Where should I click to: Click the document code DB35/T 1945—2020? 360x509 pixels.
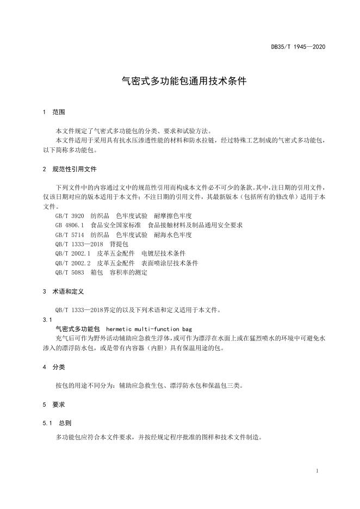coord(298,47)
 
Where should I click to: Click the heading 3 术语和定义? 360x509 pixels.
coord(63,291)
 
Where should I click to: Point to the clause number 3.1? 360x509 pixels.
coord(47,320)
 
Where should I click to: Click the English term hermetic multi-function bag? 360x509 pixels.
coord(149,329)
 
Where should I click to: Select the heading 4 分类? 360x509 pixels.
coord(53,367)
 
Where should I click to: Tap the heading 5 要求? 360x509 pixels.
coord(53,405)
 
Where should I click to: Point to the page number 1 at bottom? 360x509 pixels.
coord(316,470)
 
